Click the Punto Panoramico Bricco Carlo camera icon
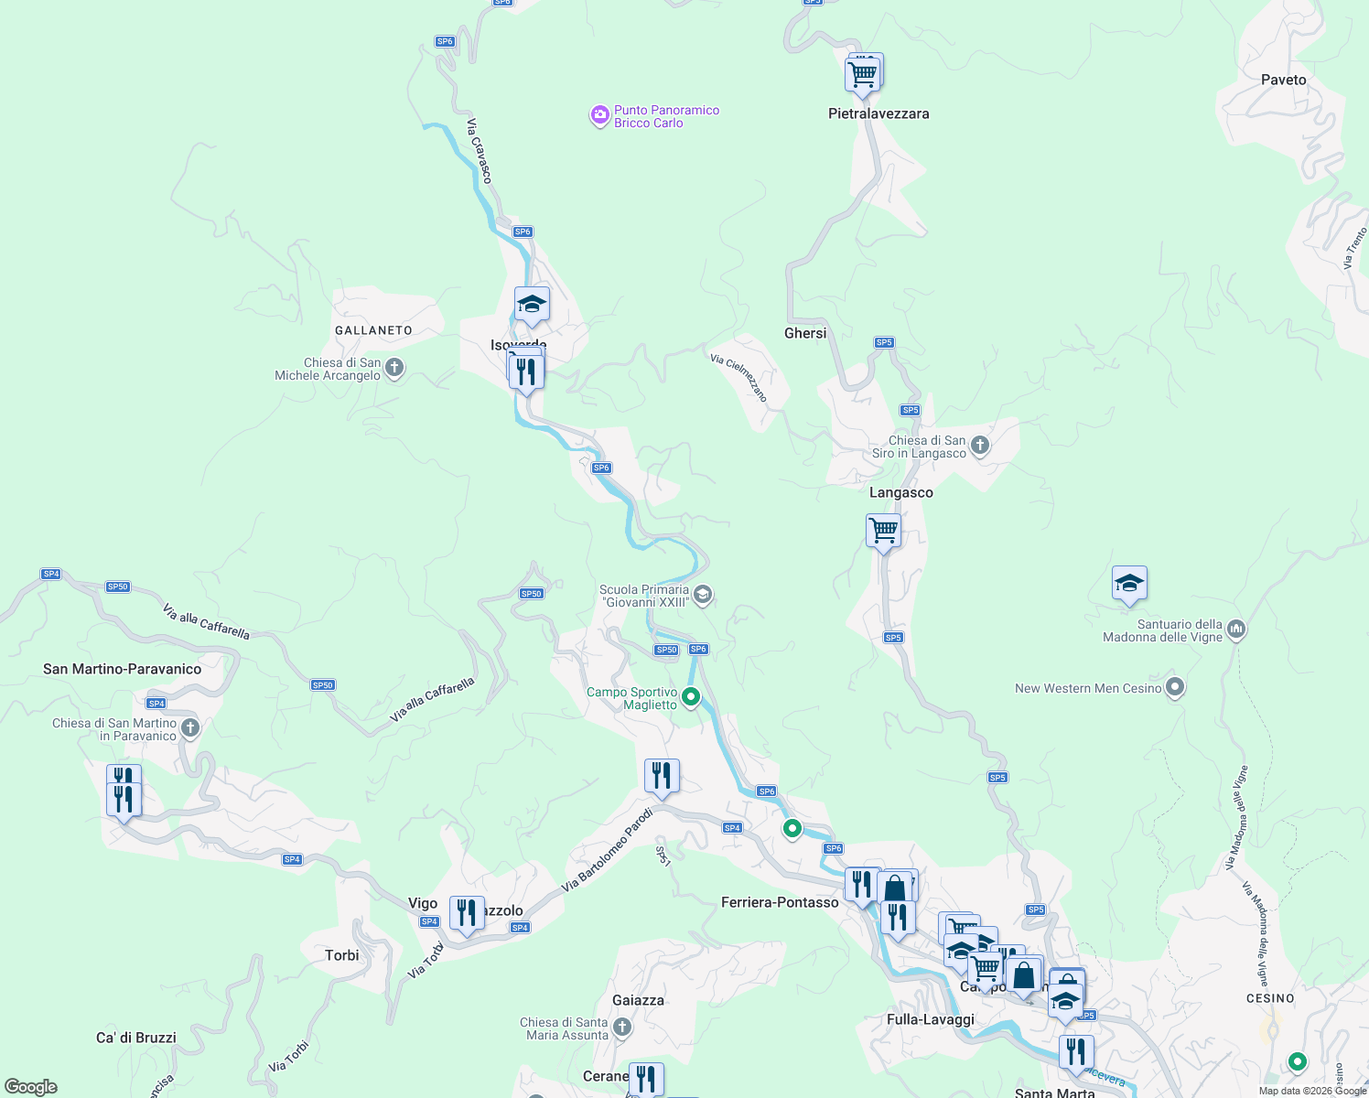(599, 115)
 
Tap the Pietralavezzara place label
(879, 113)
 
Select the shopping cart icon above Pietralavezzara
(862, 74)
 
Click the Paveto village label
(1283, 80)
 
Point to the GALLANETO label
(373, 330)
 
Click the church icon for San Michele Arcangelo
(394, 368)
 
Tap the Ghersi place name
(805, 333)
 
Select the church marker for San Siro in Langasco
(980, 446)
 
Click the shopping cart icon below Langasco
(883, 531)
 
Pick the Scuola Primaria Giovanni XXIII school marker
(702, 596)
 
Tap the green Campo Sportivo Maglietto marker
(691, 697)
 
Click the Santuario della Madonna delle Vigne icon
(1236, 630)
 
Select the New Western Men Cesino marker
(1176, 687)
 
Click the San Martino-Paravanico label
(122, 669)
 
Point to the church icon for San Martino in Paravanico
(190, 728)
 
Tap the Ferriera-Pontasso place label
(780, 902)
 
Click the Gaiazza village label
(638, 1000)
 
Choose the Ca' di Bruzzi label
(136, 1038)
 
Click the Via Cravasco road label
(480, 150)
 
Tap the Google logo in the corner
(31, 1087)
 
